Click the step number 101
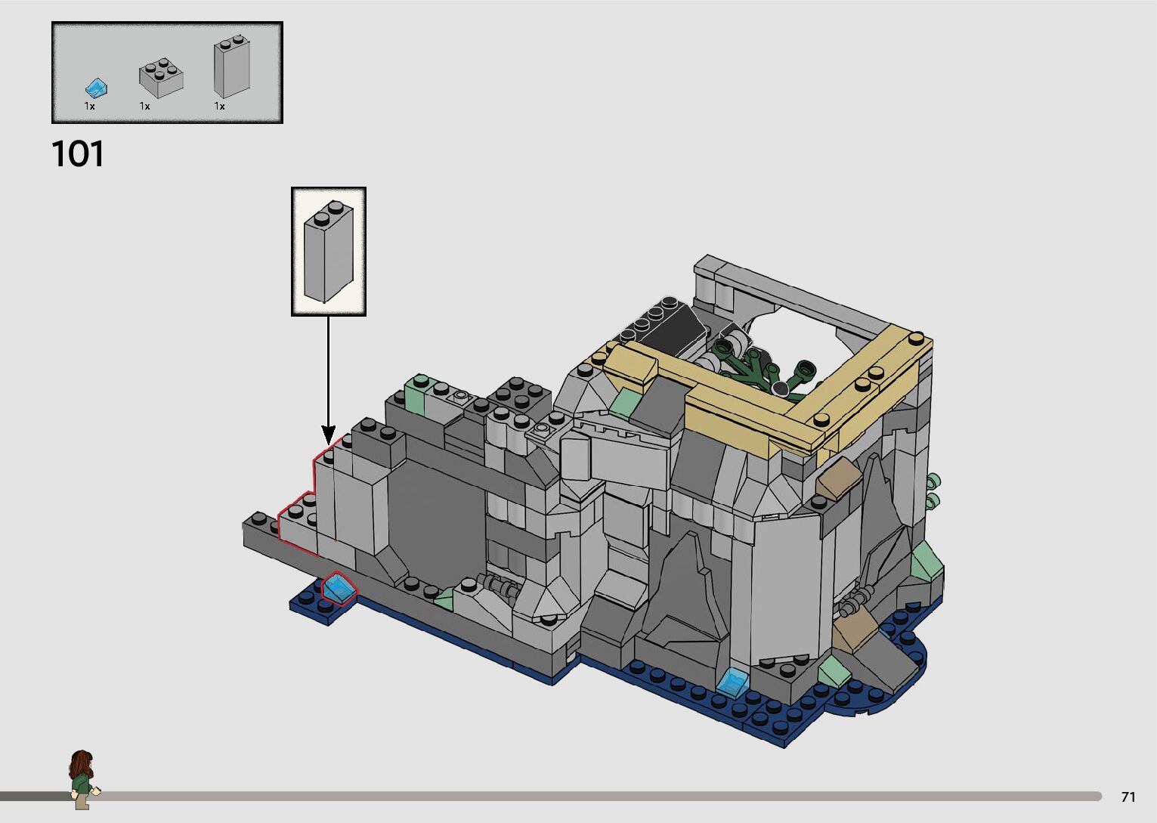[78, 154]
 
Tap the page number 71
[1128, 797]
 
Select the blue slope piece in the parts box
[96, 89]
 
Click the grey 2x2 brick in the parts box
[161, 78]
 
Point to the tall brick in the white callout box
[329, 252]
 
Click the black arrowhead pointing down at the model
[329, 434]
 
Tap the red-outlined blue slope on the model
[339, 589]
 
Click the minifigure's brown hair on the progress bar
[82, 763]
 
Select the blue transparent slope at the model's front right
[732, 681]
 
